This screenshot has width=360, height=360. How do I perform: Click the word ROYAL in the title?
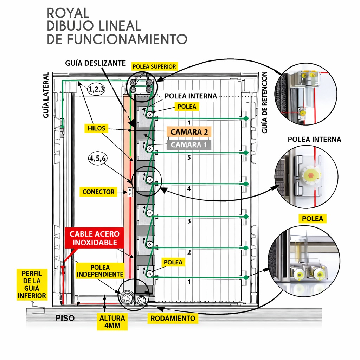pos(68,13)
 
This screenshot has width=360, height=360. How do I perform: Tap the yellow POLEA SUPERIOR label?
pos(154,66)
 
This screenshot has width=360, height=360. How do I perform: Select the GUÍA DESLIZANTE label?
pos(95,63)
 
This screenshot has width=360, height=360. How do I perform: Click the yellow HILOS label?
pos(97,129)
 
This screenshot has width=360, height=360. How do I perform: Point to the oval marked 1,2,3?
pos(96,89)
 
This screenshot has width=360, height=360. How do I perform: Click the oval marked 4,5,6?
pos(98,159)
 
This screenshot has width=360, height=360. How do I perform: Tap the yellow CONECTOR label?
pos(98,192)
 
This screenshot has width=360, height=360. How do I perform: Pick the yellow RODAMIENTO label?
pos(173,319)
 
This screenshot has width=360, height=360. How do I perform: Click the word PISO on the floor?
pos(65,318)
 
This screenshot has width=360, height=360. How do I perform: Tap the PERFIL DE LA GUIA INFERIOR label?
pos(32,284)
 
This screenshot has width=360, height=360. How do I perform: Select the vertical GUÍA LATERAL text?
pos(46,95)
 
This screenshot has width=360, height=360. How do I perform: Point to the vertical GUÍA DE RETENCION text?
pos(265,102)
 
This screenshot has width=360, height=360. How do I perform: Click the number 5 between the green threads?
pos(189,158)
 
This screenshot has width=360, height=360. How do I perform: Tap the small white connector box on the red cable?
pos(130,192)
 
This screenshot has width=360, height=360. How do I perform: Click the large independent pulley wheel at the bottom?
pos(127,298)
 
